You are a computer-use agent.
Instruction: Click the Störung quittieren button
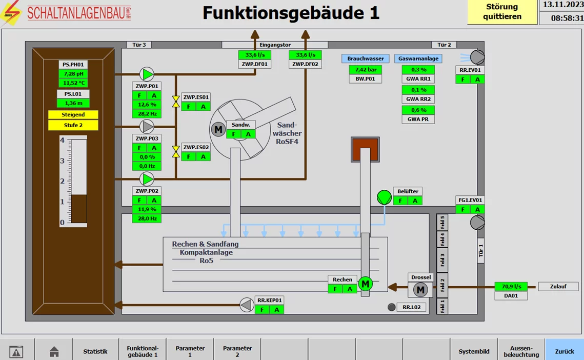tap(502, 12)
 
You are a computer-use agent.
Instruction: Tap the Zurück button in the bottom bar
tap(564, 351)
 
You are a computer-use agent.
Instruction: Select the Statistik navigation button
tap(95, 351)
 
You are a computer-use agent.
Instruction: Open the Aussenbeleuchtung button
tap(521, 351)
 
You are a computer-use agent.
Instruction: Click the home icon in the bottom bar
tap(54, 352)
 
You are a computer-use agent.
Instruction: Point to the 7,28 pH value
tap(73, 74)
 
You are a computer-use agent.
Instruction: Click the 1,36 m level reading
tap(73, 103)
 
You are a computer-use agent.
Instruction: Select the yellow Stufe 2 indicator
tap(73, 125)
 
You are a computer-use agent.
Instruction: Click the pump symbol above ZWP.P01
tap(147, 74)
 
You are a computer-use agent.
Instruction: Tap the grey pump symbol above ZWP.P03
tap(147, 126)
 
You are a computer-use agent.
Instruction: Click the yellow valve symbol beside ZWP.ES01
tap(176, 102)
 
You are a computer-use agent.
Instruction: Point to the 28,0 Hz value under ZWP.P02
tap(147, 218)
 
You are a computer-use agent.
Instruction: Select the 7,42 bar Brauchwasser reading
tap(366, 69)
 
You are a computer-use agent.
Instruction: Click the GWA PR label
tap(418, 119)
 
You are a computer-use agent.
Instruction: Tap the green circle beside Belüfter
tap(384, 197)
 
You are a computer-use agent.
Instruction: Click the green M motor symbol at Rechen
tap(365, 284)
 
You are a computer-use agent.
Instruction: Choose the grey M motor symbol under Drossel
tap(420, 290)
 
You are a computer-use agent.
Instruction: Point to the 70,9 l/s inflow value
tap(511, 287)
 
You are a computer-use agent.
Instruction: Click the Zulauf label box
tap(558, 287)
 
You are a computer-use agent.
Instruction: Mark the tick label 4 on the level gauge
tap(63, 141)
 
